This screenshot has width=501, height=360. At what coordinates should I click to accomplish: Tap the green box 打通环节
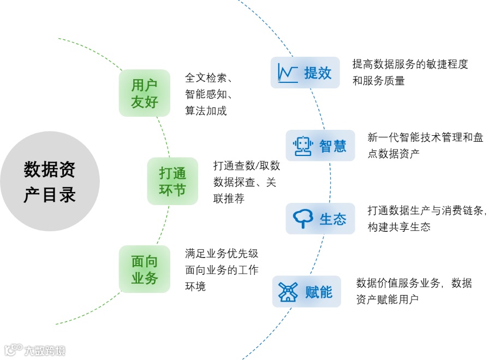point(172,182)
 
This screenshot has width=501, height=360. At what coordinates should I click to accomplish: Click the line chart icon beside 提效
point(287,73)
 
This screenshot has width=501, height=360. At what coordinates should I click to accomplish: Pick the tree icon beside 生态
point(303,219)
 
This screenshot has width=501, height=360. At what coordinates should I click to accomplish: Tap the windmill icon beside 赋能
point(288,292)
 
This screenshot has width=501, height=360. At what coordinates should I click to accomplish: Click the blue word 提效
point(318,73)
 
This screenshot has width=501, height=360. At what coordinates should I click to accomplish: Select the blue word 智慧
point(333,146)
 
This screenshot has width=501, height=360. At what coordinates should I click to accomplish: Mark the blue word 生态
point(333,219)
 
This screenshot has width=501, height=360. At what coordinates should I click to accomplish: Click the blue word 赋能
point(319,292)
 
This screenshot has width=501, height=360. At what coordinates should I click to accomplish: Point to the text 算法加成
point(206,111)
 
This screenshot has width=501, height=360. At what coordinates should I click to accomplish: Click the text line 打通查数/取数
point(246,166)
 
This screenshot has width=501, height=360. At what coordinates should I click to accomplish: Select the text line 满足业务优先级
point(222,254)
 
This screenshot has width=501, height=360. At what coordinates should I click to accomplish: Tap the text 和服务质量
point(379,81)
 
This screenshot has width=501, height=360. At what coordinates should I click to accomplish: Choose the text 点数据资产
point(393,153)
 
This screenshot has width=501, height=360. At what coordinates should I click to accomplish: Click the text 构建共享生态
point(399,227)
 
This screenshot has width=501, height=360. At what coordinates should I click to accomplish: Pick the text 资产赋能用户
point(387,299)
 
